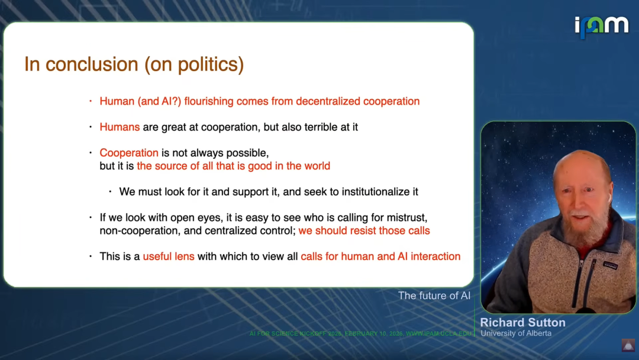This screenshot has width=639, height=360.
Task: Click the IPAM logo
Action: coord(602,27)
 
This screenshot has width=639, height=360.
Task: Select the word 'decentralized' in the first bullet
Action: coord(328,101)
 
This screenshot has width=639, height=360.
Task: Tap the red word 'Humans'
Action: coord(120,127)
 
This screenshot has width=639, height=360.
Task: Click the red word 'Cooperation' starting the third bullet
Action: coord(129,153)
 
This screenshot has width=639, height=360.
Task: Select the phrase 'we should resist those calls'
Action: coord(364,231)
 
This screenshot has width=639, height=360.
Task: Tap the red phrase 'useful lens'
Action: coord(168,256)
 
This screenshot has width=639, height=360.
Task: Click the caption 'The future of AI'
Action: coord(434,295)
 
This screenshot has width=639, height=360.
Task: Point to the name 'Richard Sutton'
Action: coord(523,323)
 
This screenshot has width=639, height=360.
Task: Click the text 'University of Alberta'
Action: coord(516,333)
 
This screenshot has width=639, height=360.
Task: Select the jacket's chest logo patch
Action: coord(610,266)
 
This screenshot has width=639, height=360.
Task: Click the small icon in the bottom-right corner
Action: coord(628,345)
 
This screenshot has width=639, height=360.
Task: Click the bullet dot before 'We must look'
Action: coord(110,191)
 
